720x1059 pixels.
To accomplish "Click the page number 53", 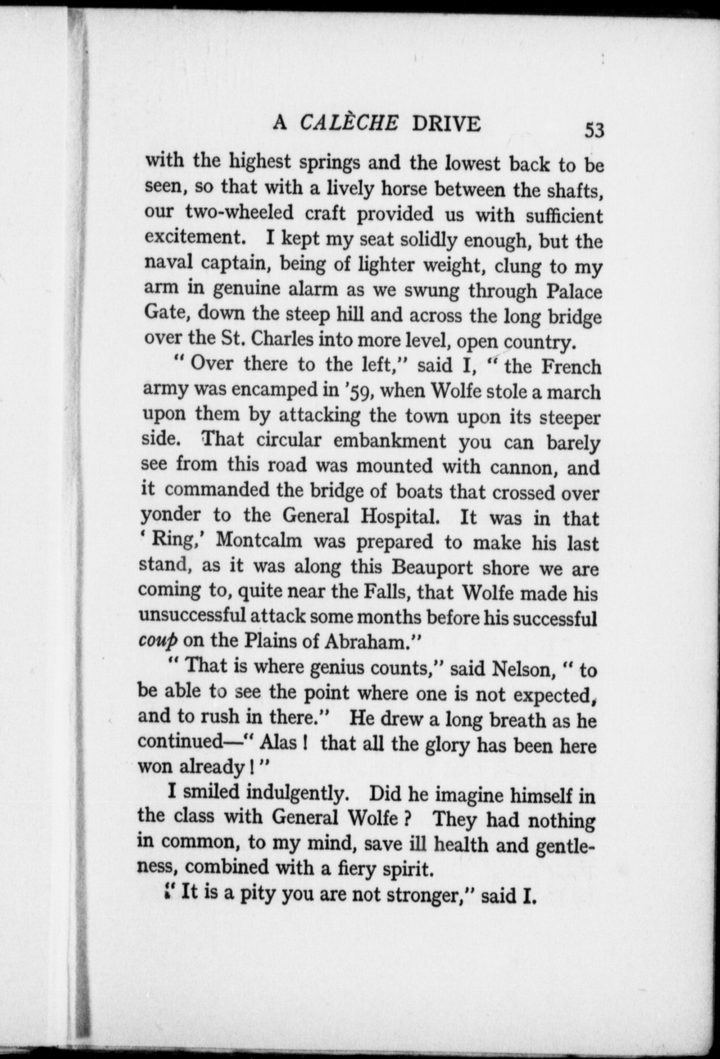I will tap(594, 130).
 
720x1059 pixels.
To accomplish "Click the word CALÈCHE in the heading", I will tap(349, 123).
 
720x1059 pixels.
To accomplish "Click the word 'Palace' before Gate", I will tap(574, 291).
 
